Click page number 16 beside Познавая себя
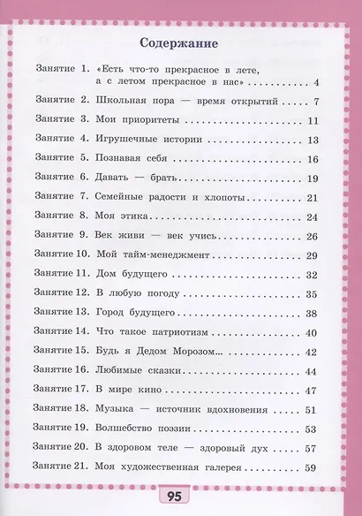coord(311,159)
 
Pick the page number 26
coord(311,236)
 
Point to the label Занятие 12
coord(61,294)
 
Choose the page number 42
coord(311,353)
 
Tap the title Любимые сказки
coord(139,372)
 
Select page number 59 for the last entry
coord(311,468)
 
